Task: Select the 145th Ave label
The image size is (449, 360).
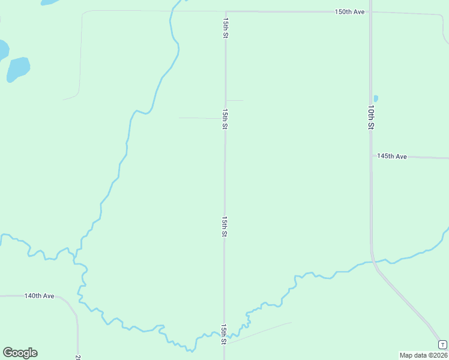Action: point(392,157)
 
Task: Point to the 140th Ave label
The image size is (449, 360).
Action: point(40,296)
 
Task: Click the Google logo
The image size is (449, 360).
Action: point(20,353)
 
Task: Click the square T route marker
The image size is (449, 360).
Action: point(442,344)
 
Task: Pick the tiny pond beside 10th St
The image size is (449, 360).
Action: point(376,98)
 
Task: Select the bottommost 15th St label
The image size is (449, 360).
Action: point(223,334)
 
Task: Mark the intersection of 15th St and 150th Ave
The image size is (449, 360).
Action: point(226,11)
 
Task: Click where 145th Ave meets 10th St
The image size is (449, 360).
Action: point(371,157)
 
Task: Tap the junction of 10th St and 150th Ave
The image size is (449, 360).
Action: point(370,11)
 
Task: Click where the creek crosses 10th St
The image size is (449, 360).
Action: point(372,262)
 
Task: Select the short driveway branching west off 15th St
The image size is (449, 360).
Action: point(201,118)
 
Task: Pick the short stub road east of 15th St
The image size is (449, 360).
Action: point(235,100)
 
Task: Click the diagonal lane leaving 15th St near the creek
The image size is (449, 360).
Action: point(258,333)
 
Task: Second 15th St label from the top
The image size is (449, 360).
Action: point(225,119)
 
